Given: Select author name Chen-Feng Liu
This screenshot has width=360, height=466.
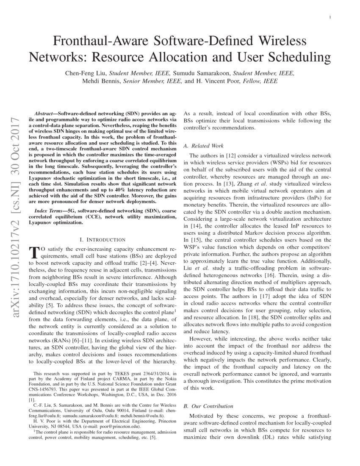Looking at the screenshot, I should click(x=83, y=73).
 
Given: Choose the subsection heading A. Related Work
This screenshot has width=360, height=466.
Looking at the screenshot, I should click(x=203, y=146).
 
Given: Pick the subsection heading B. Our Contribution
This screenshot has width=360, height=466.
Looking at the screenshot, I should click(x=208, y=406).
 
